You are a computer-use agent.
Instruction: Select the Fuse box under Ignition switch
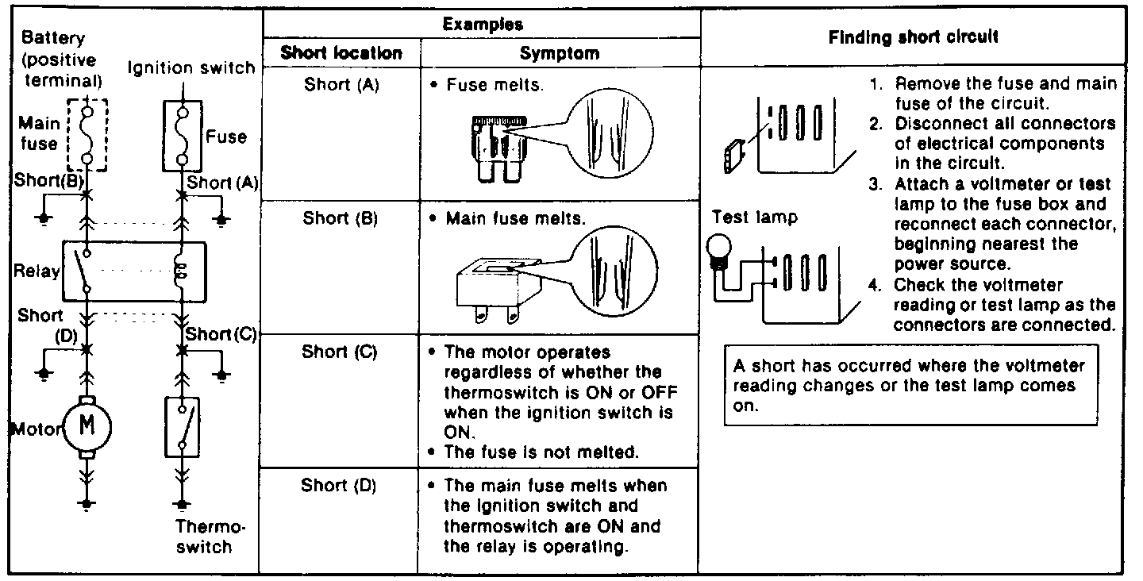183,135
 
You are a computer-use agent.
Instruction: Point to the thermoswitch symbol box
183,427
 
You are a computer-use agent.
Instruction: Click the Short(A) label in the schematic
225,183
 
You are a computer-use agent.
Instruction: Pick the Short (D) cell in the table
339,485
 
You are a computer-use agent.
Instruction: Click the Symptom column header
560,54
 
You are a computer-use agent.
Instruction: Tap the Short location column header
341,54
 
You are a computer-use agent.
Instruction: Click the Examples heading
482,24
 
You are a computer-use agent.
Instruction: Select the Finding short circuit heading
913,37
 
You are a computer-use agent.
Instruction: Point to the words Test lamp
754,217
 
